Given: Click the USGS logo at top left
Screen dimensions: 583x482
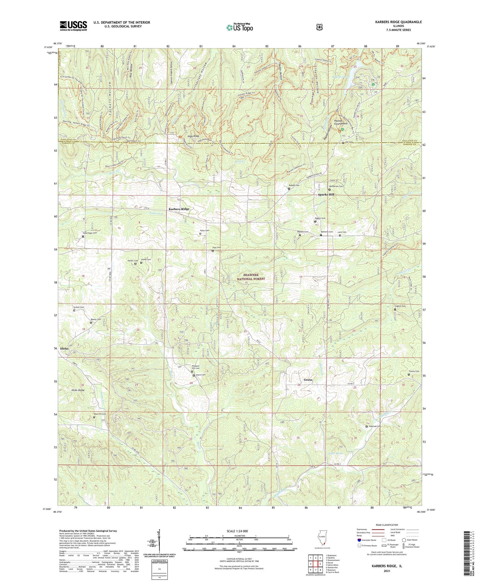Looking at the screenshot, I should [x=73, y=25].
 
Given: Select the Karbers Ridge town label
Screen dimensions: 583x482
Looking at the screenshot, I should [x=179, y=209].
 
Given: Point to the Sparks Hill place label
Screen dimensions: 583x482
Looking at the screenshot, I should [x=326, y=194].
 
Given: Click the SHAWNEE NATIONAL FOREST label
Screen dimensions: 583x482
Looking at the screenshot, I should [x=251, y=277].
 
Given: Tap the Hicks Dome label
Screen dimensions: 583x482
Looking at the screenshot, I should [x=78, y=390].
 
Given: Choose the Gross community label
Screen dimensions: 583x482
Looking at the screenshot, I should [x=308, y=380].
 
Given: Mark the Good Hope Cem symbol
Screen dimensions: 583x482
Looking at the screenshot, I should [x=83, y=236].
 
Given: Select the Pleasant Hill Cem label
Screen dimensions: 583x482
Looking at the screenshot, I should [x=195, y=367].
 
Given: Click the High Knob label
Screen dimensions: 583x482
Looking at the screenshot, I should [x=193, y=136].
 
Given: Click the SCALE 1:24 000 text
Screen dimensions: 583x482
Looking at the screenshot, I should [x=237, y=531].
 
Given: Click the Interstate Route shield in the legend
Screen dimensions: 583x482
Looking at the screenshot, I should [x=359, y=540].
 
